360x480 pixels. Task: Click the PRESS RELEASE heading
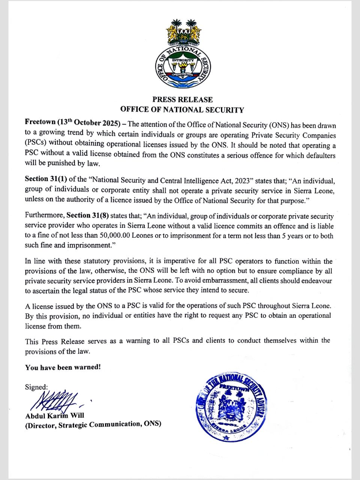click(182, 100)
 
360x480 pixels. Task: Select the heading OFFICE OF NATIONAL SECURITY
click(182, 110)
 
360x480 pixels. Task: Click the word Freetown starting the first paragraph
click(40, 122)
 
